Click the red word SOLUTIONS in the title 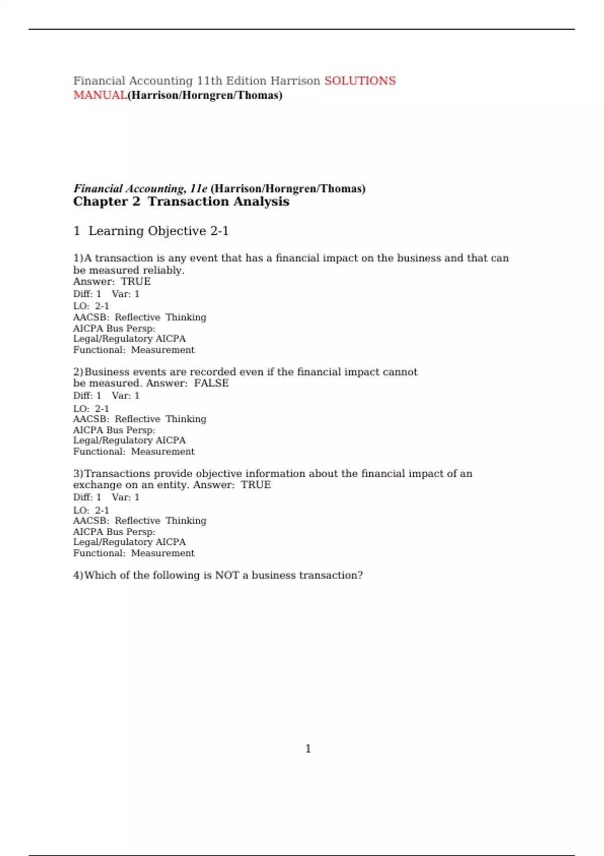pyautogui.click(x=360, y=81)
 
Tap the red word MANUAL pyautogui.click(x=100, y=95)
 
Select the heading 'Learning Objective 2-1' pyautogui.click(x=159, y=231)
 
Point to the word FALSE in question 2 pyautogui.click(x=211, y=383)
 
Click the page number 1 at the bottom pyautogui.click(x=308, y=749)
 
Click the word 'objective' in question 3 pyautogui.click(x=218, y=473)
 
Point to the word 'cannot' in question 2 pyautogui.click(x=400, y=372)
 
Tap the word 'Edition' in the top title pyautogui.click(x=246, y=81)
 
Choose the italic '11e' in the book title pyautogui.click(x=198, y=189)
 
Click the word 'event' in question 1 pyautogui.click(x=203, y=258)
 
